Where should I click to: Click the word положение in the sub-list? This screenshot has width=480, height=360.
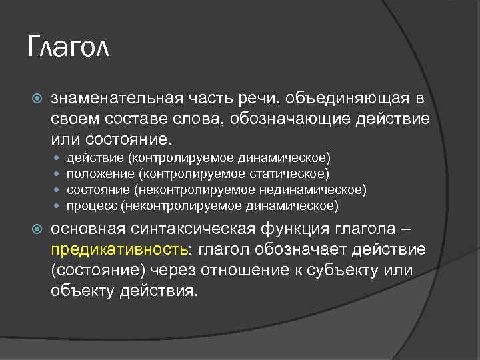coord(99,174)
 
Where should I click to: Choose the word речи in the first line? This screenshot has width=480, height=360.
coord(261,99)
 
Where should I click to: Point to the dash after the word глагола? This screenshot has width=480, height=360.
coord(407,229)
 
